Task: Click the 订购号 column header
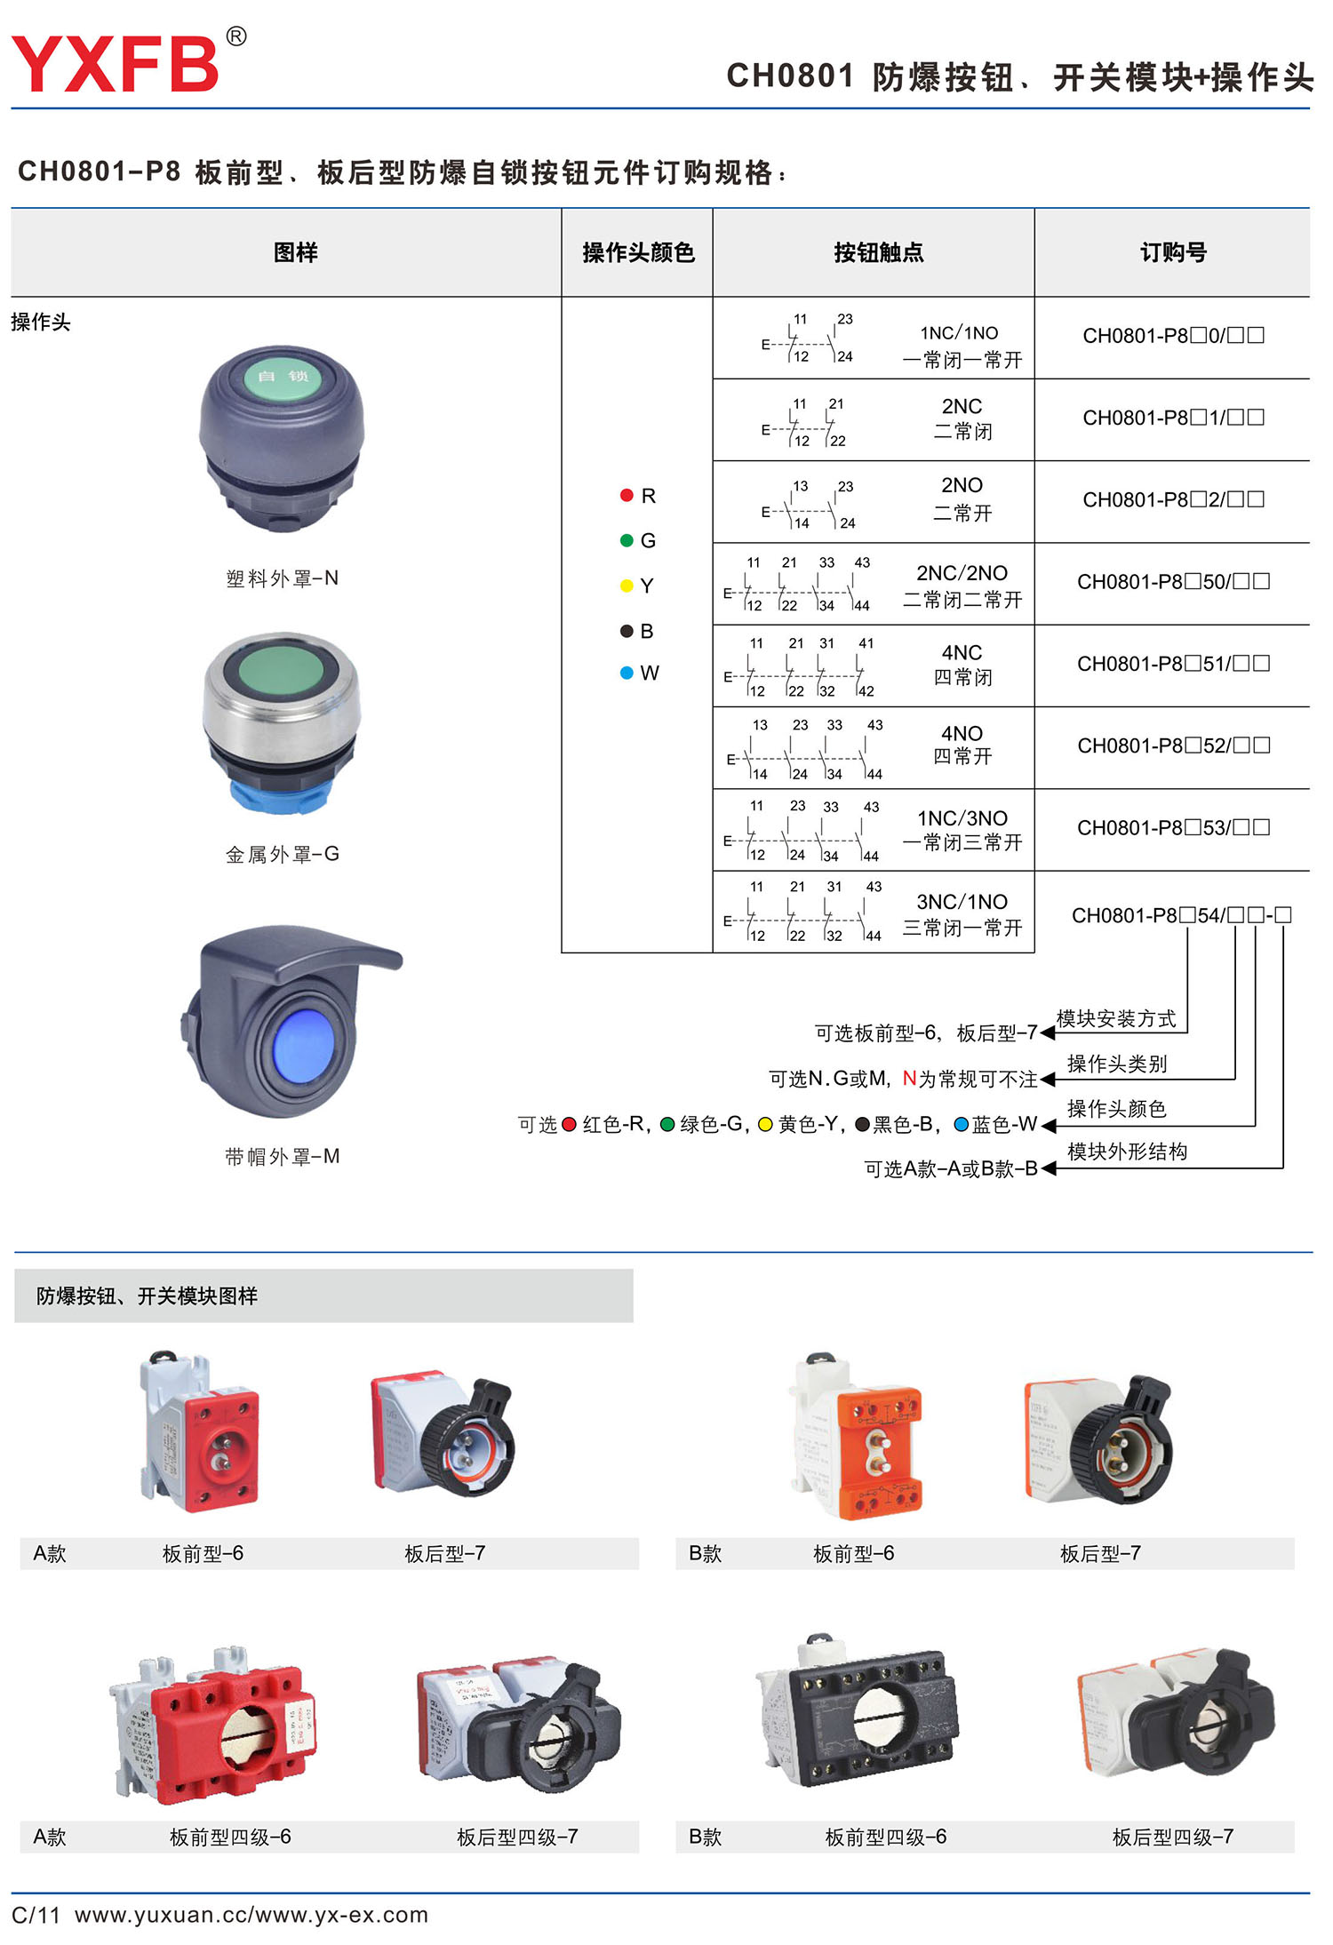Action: [x=1173, y=253]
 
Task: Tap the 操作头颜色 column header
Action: [x=638, y=253]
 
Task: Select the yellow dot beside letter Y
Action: [x=627, y=586]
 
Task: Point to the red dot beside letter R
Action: [x=627, y=496]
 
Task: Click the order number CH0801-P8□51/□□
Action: [x=1173, y=664]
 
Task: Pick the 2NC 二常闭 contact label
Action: [x=962, y=418]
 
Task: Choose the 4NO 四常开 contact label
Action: [x=962, y=745]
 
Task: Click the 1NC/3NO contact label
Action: [x=962, y=829]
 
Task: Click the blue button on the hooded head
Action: [x=304, y=1045]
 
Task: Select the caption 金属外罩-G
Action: [x=283, y=855]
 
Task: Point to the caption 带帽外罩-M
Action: [x=283, y=1157]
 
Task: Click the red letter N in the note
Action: [x=909, y=1079]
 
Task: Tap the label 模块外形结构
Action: [x=1127, y=1152]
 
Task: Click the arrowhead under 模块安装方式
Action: [x=1048, y=1033]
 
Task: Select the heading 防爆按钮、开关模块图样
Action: [x=147, y=1296]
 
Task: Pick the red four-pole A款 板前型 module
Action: [x=213, y=1724]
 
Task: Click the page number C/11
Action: [x=36, y=1915]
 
